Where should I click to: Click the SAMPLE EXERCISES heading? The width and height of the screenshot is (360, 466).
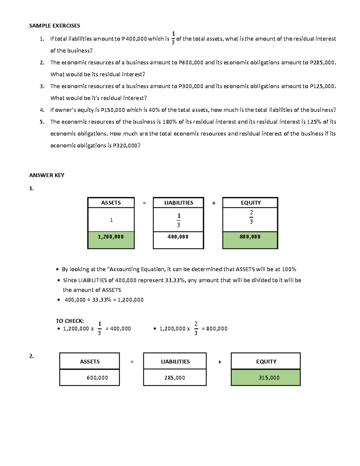pyautogui.click(x=54, y=26)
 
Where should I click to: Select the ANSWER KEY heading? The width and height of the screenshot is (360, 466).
pyautogui.click(x=46, y=175)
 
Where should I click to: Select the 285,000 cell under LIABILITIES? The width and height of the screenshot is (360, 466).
pyautogui.click(x=175, y=378)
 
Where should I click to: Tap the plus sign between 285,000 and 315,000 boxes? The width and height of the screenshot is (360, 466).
pyautogui.click(x=220, y=362)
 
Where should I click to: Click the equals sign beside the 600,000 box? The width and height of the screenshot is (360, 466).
pyautogui.click(x=132, y=362)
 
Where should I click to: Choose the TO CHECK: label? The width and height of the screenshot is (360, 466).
pyautogui.click(x=70, y=321)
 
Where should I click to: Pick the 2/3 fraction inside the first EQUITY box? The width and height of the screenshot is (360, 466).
pyautogui.click(x=251, y=217)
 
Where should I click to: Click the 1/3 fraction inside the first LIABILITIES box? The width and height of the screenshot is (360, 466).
pyautogui.click(x=178, y=220)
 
